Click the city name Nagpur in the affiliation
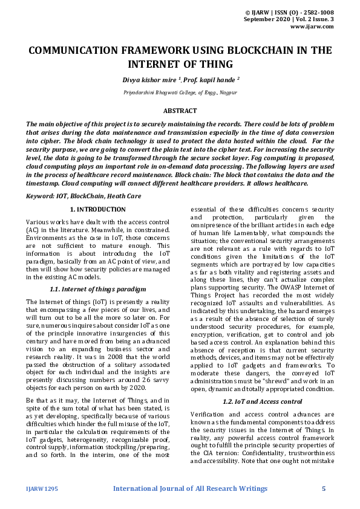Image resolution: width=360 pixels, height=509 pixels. [x=227, y=92]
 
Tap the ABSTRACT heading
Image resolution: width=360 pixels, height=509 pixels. [x=180, y=111]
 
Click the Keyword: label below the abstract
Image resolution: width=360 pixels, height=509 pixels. [x=42, y=196]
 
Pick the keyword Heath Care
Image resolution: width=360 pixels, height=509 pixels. [x=125, y=196]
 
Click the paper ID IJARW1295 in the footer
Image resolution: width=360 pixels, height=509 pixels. [x=41, y=488]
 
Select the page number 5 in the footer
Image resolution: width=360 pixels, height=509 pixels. [x=324, y=488]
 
